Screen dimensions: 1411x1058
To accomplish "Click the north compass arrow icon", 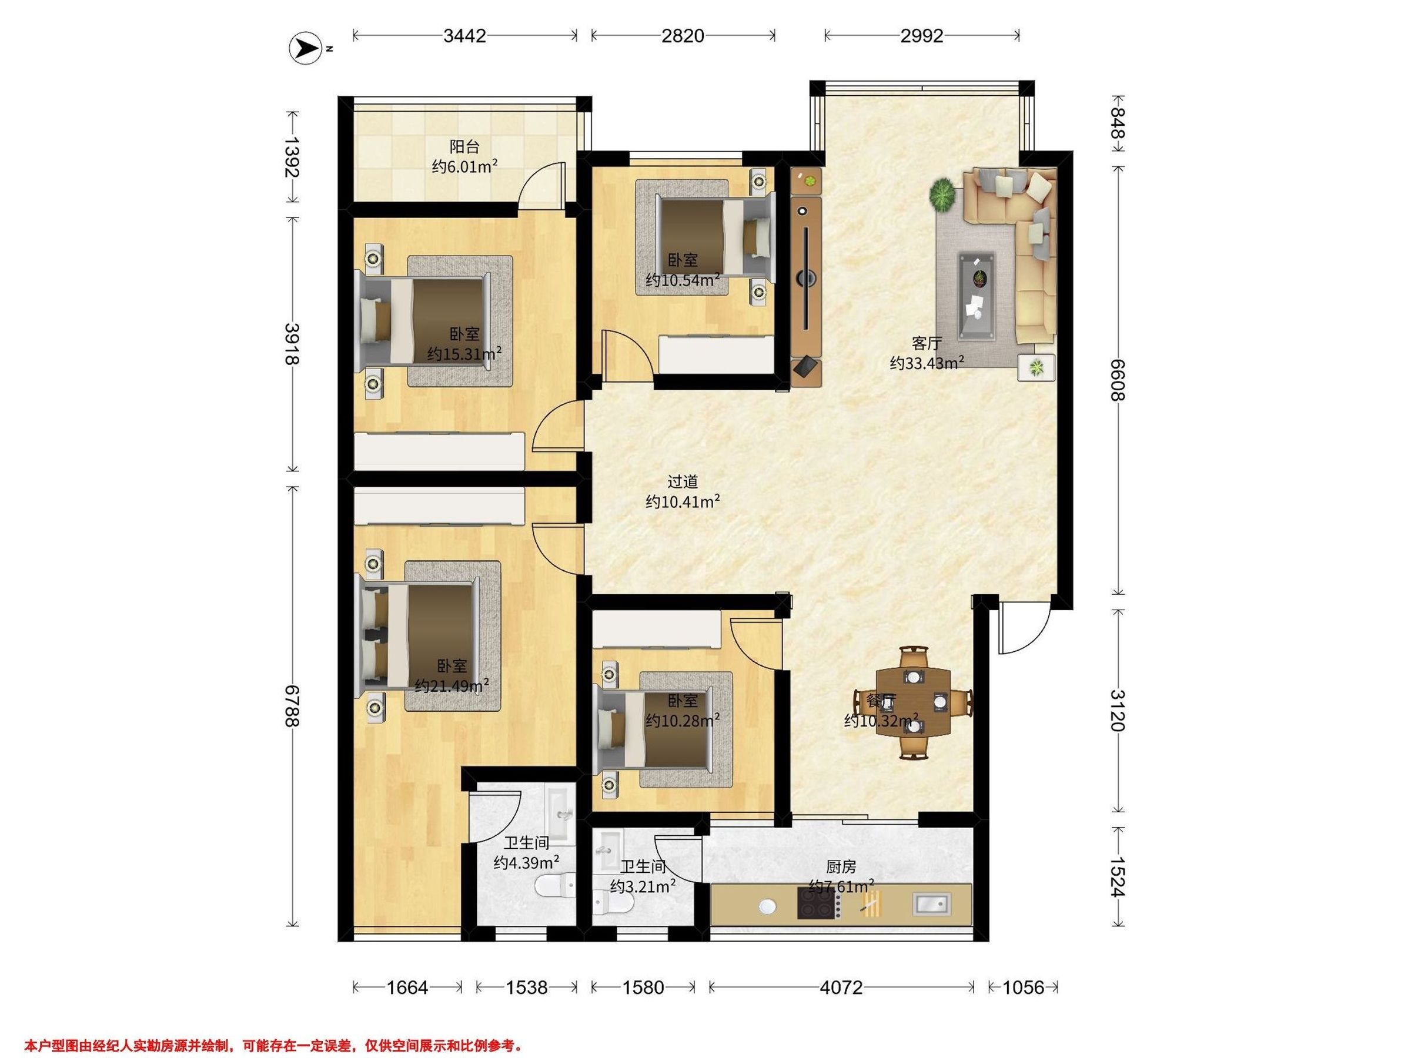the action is click(306, 48).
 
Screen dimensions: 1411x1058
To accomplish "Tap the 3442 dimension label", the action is click(465, 36).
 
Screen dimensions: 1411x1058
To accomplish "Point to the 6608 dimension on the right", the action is click(1117, 380).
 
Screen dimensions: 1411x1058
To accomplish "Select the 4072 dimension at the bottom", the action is click(841, 988).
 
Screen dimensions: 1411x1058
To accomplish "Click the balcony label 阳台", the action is click(464, 147).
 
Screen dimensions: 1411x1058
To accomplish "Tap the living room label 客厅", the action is click(927, 343).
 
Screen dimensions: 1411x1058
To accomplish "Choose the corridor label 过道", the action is click(683, 481).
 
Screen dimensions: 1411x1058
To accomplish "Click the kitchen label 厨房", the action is click(841, 867).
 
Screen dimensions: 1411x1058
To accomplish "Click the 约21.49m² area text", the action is click(452, 685).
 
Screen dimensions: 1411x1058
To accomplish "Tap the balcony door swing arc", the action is click(541, 185).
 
